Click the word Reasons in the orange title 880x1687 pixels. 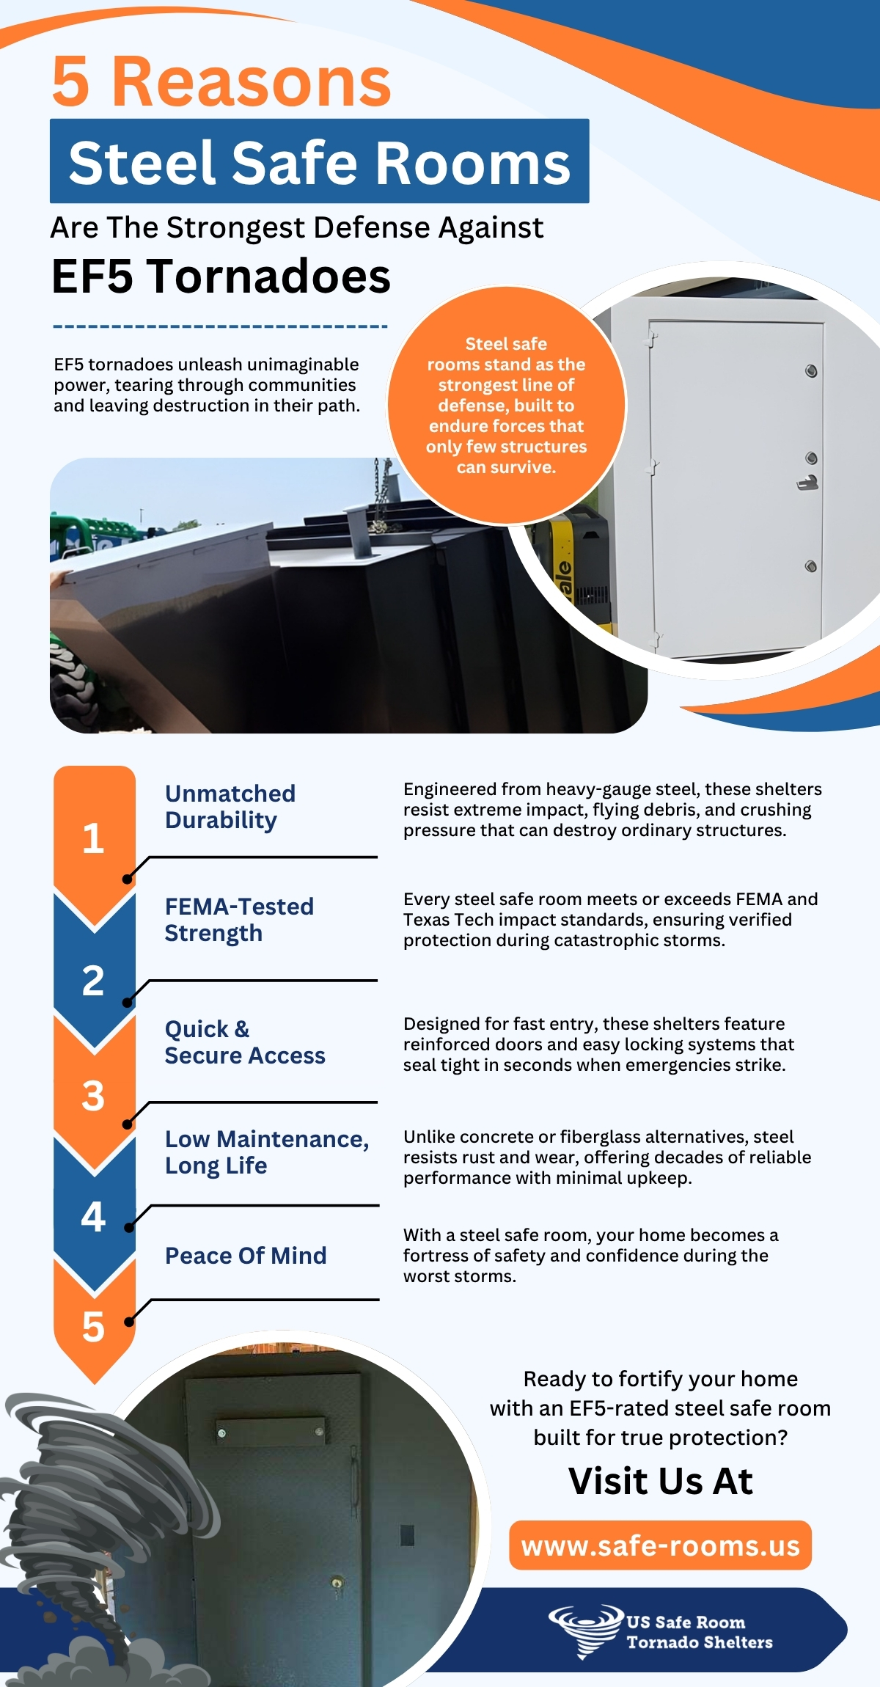[x=252, y=82]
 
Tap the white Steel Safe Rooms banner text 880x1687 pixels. [x=319, y=162]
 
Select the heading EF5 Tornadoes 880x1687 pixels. [x=221, y=277]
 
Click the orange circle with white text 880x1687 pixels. [x=506, y=405]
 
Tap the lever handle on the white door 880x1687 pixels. [x=808, y=483]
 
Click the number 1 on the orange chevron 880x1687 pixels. [x=93, y=838]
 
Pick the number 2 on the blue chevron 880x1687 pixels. [x=93, y=981]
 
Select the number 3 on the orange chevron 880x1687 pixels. [x=93, y=1096]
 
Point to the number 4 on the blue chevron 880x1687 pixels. [x=93, y=1216]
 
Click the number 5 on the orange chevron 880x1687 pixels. [x=93, y=1327]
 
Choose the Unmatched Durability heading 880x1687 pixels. [x=230, y=807]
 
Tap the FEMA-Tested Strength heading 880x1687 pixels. [x=239, y=920]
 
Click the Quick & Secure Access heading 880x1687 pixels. [x=245, y=1042]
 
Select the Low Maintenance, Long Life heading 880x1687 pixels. [x=267, y=1152]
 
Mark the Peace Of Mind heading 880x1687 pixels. [x=246, y=1256]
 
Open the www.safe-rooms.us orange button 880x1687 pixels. [x=660, y=1545]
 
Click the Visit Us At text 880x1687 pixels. [x=660, y=1481]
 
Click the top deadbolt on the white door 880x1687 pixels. [x=811, y=370]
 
